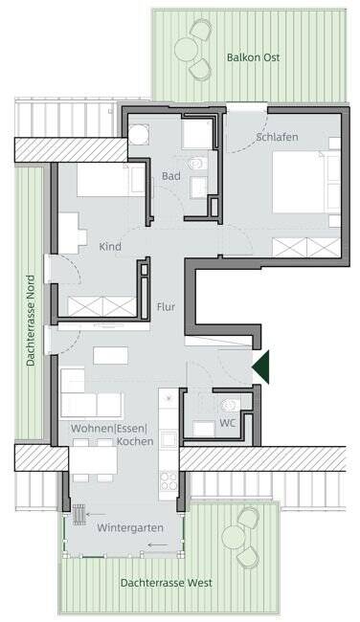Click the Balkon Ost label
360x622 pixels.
click(x=253, y=57)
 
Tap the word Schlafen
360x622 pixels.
click(x=277, y=137)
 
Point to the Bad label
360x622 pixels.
click(x=171, y=176)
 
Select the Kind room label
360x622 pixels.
click(x=110, y=247)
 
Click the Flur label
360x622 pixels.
click(x=166, y=306)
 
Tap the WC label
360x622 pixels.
click(x=228, y=423)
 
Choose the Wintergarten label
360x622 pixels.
click(x=130, y=528)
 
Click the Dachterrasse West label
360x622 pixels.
click(x=167, y=583)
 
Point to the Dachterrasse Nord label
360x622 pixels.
click(x=31, y=321)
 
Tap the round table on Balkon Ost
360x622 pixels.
click(x=186, y=49)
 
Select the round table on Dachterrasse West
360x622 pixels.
click(x=234, y=537)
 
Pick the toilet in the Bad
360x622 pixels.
click(x=197, y=163)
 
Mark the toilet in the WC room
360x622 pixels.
click(x=230, y=405)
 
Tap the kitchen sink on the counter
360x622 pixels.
click(x=169, y=438)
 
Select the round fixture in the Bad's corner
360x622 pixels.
click(x=139, y=135)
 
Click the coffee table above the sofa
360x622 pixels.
click(x=111, y=355)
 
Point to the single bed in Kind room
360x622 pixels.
click(x=111, y=180)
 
